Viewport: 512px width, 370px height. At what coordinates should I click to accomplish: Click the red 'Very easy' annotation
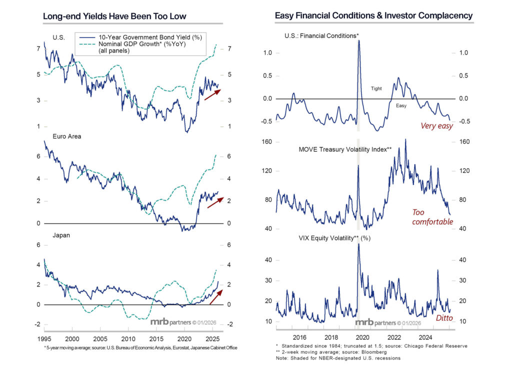point(436,126)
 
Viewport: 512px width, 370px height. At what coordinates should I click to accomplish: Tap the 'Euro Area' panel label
point(66,135)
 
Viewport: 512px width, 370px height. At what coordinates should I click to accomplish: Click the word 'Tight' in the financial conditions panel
point(376,88)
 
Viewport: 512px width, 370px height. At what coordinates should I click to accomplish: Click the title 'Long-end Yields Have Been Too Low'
point(114,16)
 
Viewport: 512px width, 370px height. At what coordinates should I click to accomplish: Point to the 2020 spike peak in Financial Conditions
point(359,41)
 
